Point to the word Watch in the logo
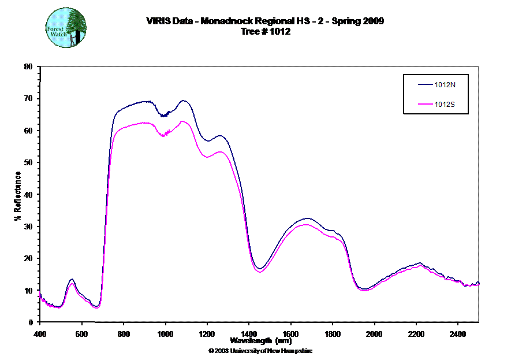[58, 35]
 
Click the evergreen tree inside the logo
[75, 26]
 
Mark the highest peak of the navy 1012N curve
[184, 101]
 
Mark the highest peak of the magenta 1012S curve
[182, 121]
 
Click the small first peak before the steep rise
[72, 282]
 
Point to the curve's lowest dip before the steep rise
[97, 308]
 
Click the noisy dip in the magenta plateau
[165, 135]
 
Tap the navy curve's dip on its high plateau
[165, 116]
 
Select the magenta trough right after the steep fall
[260, 272]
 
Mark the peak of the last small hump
[420, 265]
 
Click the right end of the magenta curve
[479, 284]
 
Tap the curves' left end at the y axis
[40, 292]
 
